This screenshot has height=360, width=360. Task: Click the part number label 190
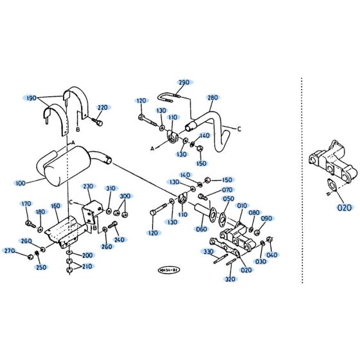pyautogui.click(x=30, y=98)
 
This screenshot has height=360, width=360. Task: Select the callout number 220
pyautogui.click(x=102, y=107)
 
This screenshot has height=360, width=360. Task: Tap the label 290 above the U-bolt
pyautogui.click(x=184, y=82)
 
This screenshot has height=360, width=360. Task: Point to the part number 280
pyautogui.click(x=213, y=98)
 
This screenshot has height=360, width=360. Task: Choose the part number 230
pyautogui.click(x=88, y=186)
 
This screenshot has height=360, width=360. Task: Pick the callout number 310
pyautogui.click(x=111, y=188)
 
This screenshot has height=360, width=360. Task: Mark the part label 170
pyautogui.click(x=26, y=204)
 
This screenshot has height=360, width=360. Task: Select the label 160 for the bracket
pyautogui.click(x=55, y=206)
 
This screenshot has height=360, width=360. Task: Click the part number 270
pyautogui.click(x=10, y=251)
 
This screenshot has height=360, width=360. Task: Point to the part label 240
pyautogui.click(x=118, y=240)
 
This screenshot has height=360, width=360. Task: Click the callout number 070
pyautogui.click(x=227, y=190)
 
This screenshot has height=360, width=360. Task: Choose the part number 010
pyautogui.click(x=242, y=206)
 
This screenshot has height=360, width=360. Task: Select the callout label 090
pyautogui.click(x=266, y=219)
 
